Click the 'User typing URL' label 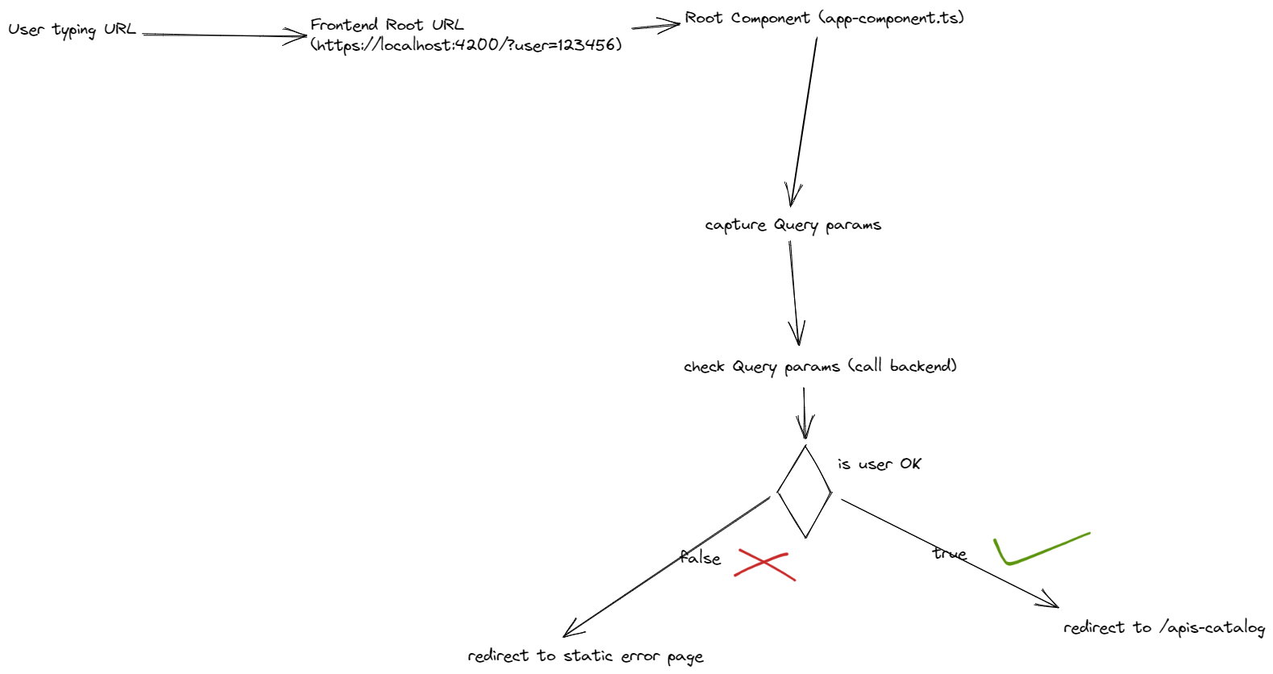pyautogui.click(x=73, y=30)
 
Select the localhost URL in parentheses pyautogui.click(x=466, y=45)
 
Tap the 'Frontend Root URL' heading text pyautogui.click(x=387, y=24)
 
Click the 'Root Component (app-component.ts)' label pyautogui.click(x=825, y=19)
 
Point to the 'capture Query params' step pyautogui.click(x=793, y=225)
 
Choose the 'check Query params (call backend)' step pyautogui.click(x=820, y=367)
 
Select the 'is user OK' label pyautogui.click(x=879, y=464)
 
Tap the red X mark pyautogui.click(x=764, y=564)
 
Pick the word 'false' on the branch pyautogui.click(x=700, y=557)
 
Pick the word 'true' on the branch pyautogui.click(x=950, y=553)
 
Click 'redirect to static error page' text pyautogui.click(x=585, y=656)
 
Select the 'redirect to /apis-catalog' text pyautogui.click(x=1164, y=628)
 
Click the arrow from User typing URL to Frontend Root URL pyautogui.click(x=224, y=35)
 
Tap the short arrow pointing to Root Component pyautogui.click(x=655, y=26)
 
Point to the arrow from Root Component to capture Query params pyautogui.click(x=804, y=123)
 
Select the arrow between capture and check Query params pyautogui.click(x=794, y=293)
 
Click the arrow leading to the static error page pyautogui.click(x=666, y=567)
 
